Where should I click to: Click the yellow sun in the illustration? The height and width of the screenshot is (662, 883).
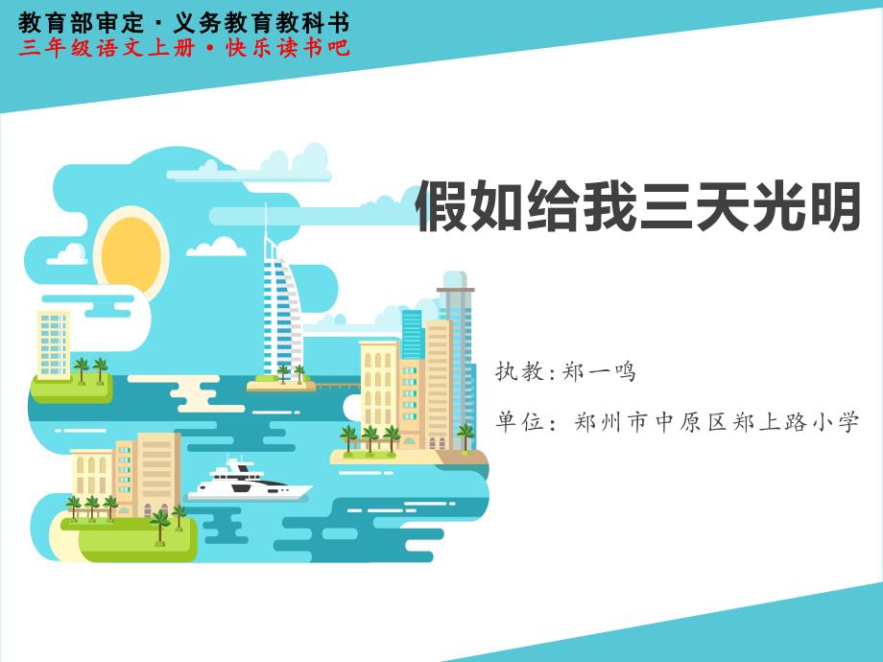[131, 253]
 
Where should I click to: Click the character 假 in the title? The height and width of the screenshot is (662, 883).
[441, 205]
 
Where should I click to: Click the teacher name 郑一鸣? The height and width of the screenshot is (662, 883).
[599, 371]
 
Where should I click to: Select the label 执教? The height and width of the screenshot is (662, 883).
[518, 371]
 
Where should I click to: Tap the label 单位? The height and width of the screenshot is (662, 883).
[518, 421]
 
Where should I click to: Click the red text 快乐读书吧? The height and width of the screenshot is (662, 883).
[288, 47]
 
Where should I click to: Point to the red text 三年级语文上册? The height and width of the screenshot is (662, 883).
[107, 47]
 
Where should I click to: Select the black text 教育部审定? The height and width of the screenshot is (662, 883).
[81, 23]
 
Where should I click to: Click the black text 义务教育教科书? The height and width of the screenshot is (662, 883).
[261, 23]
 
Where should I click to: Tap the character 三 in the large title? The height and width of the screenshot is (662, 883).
[666, 205]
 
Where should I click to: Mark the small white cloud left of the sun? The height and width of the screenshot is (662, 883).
[68, 254]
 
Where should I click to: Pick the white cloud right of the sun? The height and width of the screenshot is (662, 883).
[216, 246]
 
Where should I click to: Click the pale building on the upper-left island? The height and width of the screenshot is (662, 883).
[54, 344]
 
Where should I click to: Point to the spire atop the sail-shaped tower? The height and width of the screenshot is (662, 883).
[265, 222]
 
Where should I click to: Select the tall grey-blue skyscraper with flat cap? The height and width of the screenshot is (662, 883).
[456, 361]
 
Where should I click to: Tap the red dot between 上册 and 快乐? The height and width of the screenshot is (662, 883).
[210, 49]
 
